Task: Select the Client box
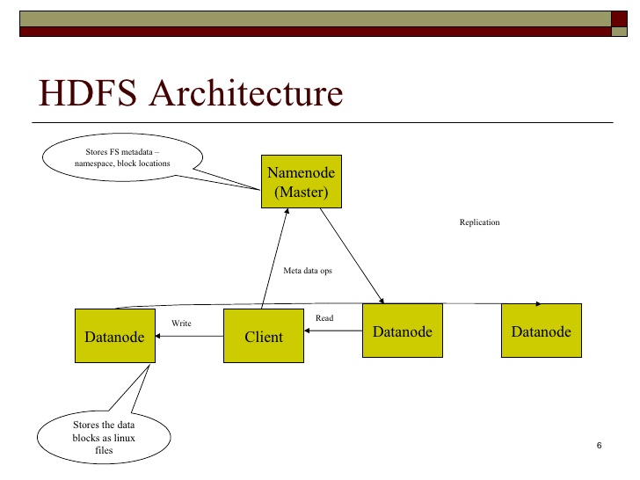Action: tap(264, 336)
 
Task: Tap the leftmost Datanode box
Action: tap(114, 336)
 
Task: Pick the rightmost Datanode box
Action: tap(541, 331)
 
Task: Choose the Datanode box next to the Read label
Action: tap(403, 331)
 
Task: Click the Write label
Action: tap(181, 324)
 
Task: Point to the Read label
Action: tap(324, 317)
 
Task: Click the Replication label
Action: tap(479, 222)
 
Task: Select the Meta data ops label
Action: tap(307, 271)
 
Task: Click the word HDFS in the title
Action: tap(84, 93)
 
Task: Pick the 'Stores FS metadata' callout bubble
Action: tap(122, 157)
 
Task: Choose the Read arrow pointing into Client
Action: tap(334, 331)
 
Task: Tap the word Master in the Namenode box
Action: tap(302, 192)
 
